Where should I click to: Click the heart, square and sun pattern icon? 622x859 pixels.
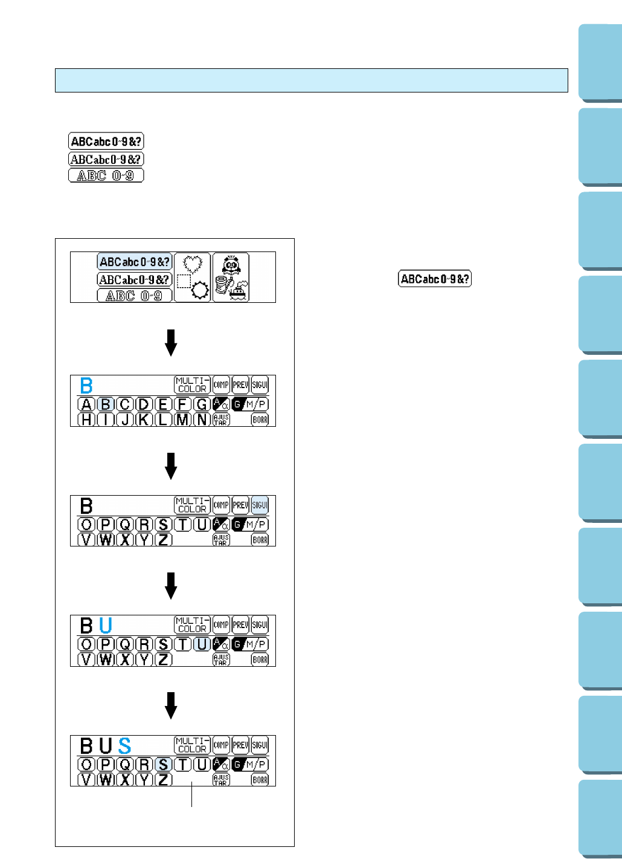[x=193, y=277]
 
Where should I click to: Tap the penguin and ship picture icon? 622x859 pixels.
[x=231, y=277]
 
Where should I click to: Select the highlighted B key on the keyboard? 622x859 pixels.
[x=105, y=404]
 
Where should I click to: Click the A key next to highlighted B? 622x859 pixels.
[x=86, y=404]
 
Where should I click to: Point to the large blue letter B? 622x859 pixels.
[x=86, y=386]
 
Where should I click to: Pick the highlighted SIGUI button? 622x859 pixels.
[x=260, y=505]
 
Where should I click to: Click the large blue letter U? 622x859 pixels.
[x=106, y=625]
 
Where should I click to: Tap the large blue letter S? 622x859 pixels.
[x=124, y=745]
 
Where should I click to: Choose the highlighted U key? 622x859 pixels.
[x=202, y=644]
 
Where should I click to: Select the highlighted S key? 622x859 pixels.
[x=163, y=765]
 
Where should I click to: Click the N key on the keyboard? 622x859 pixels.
[x=202, y=419]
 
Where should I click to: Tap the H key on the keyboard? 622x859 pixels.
[x=86, y=419]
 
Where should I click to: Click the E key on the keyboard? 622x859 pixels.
[x=163, y=404]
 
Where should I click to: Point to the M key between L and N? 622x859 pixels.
[x=182, y=419]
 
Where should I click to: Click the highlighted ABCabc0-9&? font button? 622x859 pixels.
[x=134, y=262]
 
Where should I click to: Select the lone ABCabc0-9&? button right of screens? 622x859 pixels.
[x=435, y=279]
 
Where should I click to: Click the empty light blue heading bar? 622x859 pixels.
[x=311, y=80]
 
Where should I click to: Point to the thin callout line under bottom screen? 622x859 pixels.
[x=192, y=794]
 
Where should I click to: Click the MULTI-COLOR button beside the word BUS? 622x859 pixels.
[x=192, y=745]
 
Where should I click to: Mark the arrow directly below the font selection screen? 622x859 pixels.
[x=171, y=342]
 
